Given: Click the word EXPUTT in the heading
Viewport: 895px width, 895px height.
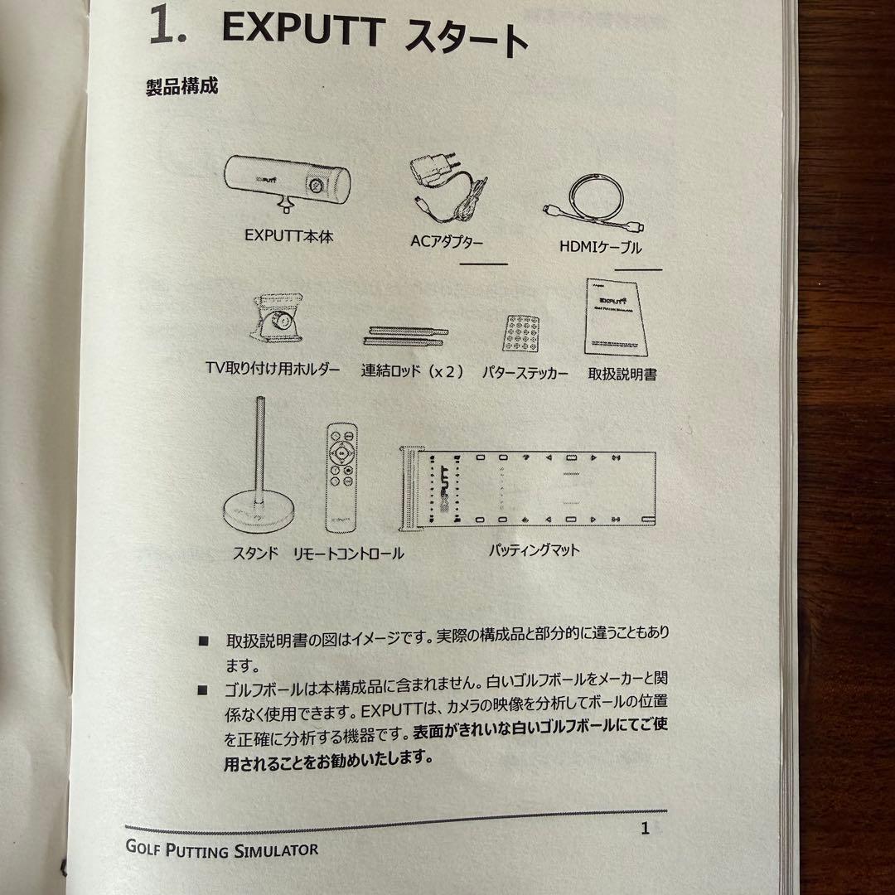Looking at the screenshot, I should (303, 31).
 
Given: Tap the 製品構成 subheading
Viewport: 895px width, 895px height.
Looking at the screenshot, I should (181, 86).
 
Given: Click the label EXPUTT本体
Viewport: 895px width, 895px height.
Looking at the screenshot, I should (288, 235).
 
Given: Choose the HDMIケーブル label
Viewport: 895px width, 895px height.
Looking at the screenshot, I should (601, 246).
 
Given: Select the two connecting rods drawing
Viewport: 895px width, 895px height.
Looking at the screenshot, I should (404, 335).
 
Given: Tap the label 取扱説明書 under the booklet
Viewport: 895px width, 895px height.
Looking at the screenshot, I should (622, 374).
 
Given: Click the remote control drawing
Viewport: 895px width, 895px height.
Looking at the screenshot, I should (342, 481).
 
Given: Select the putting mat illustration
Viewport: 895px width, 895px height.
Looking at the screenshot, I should (528, 490).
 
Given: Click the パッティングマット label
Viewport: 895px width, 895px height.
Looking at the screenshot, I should (534, 550).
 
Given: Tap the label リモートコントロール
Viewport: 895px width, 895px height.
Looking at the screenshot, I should (348, 553).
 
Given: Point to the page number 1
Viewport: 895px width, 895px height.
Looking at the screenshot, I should (645, 829).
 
